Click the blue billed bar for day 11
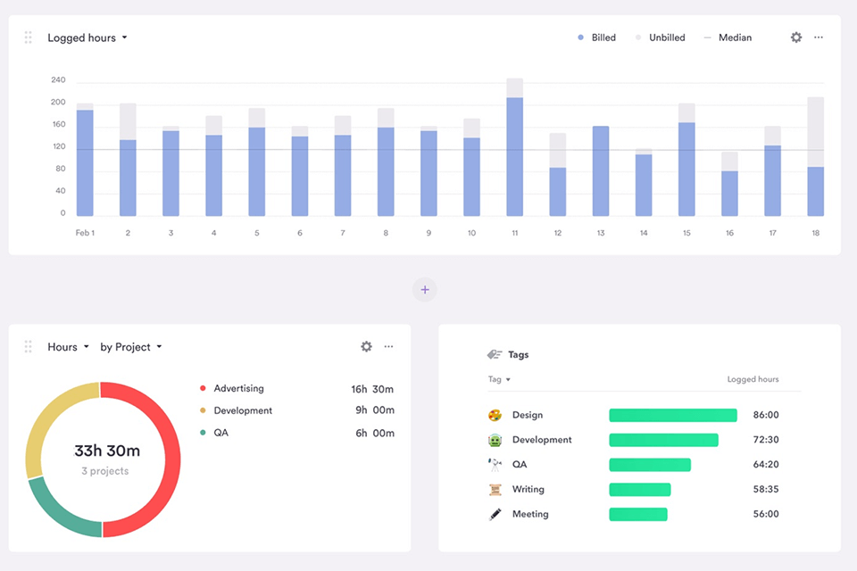pos(514,157)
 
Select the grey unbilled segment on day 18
pos(815,132)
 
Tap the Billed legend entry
pos(596,37)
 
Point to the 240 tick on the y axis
pos(58,80)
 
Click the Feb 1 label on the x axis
pos(85,233)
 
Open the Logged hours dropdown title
pos(87,37)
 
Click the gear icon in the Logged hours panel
pos(796,37)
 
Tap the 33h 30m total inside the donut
pos(106,451)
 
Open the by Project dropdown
pos(131,347)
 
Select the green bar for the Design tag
pos(672,415)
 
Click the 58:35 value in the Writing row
pos(766,490)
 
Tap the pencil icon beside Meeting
pos(495,515)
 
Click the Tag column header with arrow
pos(499,379)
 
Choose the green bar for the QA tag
pos(649,465)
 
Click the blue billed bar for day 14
pos(643,185)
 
